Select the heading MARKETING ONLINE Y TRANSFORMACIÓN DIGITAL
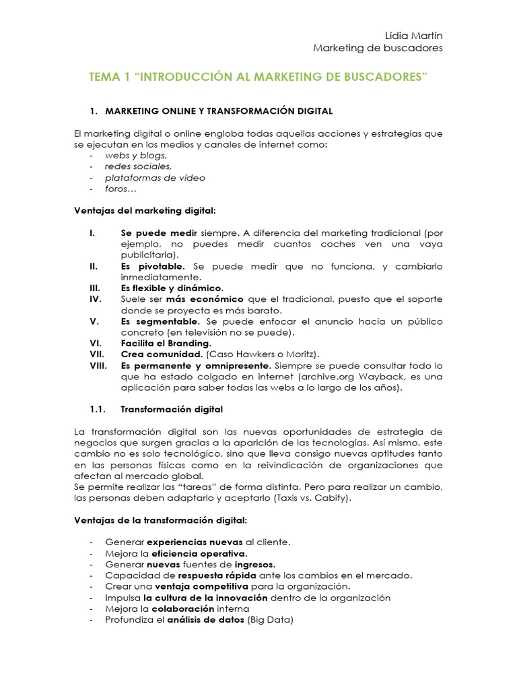pos(218,111)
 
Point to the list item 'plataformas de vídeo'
pos(155,178)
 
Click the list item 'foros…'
pos(120,189)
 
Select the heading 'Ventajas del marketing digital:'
pos(144,211)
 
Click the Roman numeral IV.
pos(95,299)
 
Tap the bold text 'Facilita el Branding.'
pos(166,343)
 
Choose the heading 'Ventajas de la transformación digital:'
pos(160,520)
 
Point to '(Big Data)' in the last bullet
pos(271,619)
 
